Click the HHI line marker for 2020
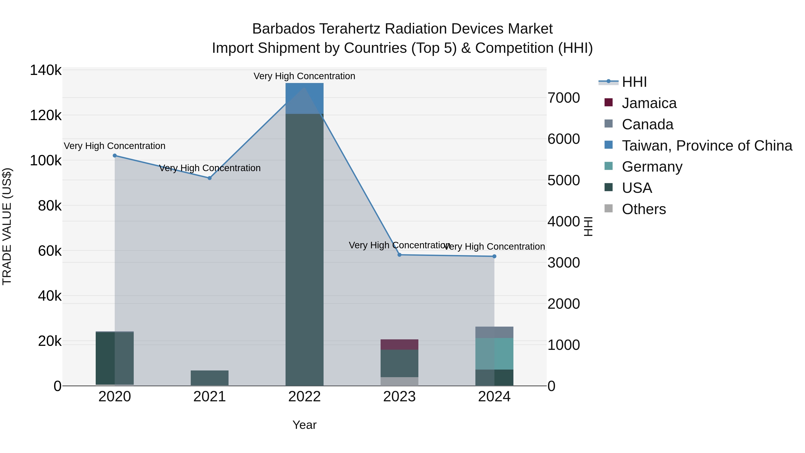[115, 156]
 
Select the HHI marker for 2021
[210, 178]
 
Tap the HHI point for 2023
[399, 255]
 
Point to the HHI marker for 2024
[494, 256]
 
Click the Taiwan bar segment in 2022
[305, 98]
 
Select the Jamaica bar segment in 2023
[399, 345]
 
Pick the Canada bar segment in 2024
[494, 332]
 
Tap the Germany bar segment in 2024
[494, 354]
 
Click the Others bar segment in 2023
[399, 381]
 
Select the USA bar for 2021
[210, 378]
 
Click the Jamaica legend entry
[649, 103]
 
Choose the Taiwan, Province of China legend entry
[707, 146]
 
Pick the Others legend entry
[644, 209]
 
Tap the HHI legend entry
[634, 82]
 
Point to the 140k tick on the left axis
[46, 70]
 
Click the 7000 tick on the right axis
[564, 98]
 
